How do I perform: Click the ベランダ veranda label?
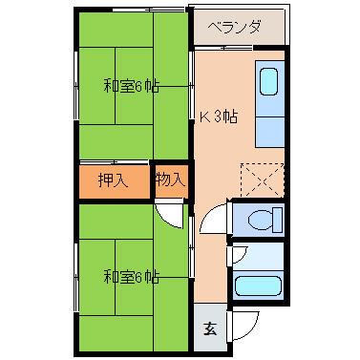[234, 27]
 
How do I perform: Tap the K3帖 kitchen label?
[219, 116]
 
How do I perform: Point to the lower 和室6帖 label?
[131, 277]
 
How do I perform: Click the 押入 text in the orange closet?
[114, 179]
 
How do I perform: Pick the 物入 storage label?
[171, 179]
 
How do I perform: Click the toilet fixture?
[260, 221]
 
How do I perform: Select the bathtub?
[258, 286]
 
